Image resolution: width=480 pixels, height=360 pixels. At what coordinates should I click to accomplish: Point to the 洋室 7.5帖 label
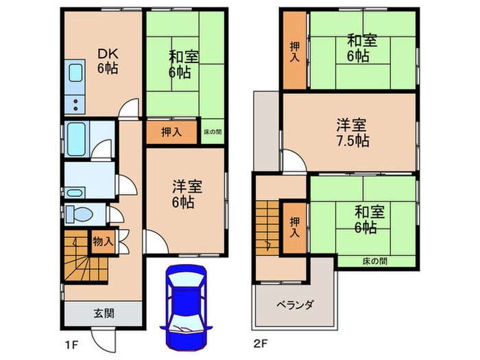pyautogui.click(x=352, y=133)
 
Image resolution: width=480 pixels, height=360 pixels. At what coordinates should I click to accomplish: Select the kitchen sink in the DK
pyautogui.click(x=74, y=75)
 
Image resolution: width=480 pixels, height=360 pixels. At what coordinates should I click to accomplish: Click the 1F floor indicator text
pyautogui.click(x=70, y=343)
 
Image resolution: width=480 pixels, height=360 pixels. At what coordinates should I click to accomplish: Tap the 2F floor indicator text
pyautogui.click(x=261, y=343)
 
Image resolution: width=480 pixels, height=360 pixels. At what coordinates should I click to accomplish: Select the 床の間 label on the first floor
pyautogui.click(x=213, y=131)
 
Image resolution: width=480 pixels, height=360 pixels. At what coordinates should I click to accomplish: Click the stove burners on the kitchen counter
pyautogui.click(x=74, y=104)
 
